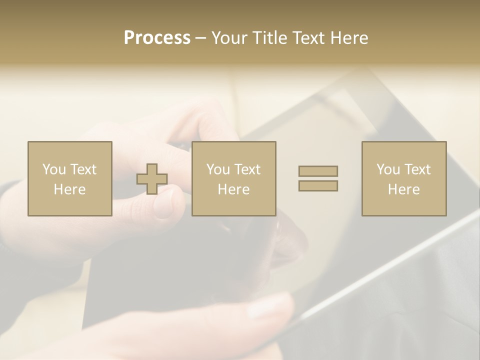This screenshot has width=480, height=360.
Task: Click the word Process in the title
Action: coord(157,38)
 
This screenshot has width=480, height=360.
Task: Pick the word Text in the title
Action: coord(309,38)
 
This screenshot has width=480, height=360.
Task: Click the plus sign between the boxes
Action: coord(152,179)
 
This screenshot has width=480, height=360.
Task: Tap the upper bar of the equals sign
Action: coord(318,171)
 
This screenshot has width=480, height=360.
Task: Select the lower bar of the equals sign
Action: coord(318,185)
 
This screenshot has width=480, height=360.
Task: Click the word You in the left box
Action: coord(54,169)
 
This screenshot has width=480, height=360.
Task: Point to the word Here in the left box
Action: coord(69,189)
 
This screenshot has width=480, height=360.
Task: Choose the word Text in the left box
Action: coord(83,169)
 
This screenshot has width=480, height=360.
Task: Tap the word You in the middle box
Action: coord(218,169)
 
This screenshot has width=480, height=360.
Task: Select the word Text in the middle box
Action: coord(247,169)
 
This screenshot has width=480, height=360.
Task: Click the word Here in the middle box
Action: coord(233,189)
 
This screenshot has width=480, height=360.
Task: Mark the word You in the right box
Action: coord(388,169)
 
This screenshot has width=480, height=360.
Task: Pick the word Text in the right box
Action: coord(417,169)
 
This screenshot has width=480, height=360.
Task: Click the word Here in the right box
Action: coord(403,189)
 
